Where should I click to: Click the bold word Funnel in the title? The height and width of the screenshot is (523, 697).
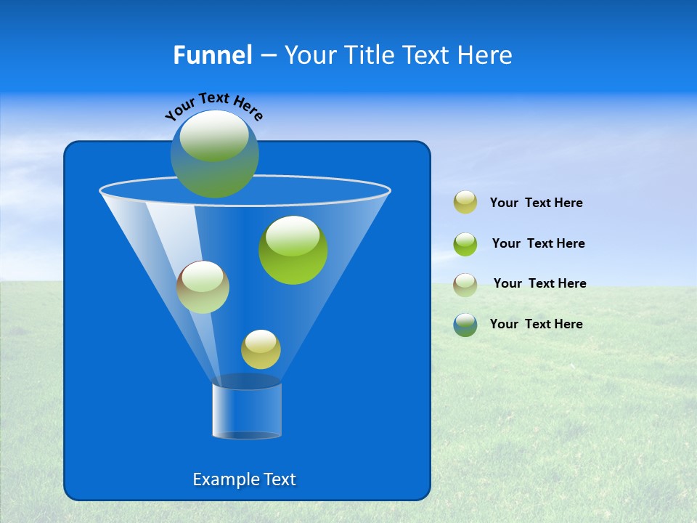(213, 55)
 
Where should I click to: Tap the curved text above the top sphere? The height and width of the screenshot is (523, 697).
(214, 106)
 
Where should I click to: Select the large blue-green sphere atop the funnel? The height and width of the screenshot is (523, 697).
(215, 154)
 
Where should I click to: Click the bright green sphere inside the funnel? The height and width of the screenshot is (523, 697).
(293, 251)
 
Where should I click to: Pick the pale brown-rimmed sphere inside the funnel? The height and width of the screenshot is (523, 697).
(203, 288)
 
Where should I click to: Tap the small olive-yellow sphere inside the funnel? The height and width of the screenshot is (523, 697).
(261, 349)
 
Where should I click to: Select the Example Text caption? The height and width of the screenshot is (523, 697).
(245, 479)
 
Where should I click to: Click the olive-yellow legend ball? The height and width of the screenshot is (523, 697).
(465, 203)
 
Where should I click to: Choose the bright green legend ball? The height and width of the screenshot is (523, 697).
(465, 244)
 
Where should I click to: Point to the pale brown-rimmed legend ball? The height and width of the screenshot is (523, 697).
(465, 284)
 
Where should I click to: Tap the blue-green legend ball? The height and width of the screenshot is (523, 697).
(465, 325)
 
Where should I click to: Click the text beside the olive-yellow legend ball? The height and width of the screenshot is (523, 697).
(536, 203)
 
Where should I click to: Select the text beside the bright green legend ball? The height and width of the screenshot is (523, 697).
(538, 244)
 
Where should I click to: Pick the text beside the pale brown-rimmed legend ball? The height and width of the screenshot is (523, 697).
(539, 284)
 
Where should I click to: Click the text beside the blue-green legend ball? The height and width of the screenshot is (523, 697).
(536, 325)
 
